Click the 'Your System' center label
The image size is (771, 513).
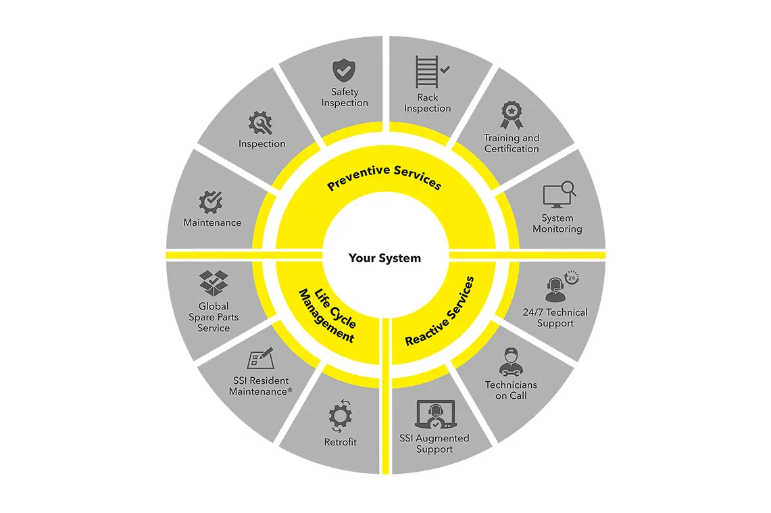pyautogui.click(x=384, y=258)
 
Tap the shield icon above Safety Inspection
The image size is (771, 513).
pyautogui.click(x=344, y=70)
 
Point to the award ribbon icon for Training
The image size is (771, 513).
pyautogui.click(x=512, y=115)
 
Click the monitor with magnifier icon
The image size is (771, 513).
pyautogui.click(x=559, y=195)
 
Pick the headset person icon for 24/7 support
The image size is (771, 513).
pyautogui.click(x=562, y=286)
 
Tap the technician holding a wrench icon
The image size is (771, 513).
pyautogui.click(x=510, y=362)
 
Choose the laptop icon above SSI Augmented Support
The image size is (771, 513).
pyautogui.click(x=435, y=414)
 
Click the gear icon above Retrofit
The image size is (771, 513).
pyautogui.click(x=341, y=416)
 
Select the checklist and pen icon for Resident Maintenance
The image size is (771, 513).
pyautogui.click(x=260, y=358)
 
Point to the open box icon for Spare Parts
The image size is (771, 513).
pyautogui.click(x=214, y=283)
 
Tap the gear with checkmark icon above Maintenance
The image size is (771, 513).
pyautogui.click(x=211, y=201)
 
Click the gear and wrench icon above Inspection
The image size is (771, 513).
pyautogui.click(x=260, y=122)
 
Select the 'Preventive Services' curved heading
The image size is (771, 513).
pyautogui.click(x=384, y=176)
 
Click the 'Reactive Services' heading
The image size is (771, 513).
pyautogui.click(x=440, y=312)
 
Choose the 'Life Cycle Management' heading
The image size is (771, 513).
pyautogui.click(x=328, y=315)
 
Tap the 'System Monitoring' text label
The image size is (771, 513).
pyautogui.click(x=557, y=223)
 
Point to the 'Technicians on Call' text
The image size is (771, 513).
pyautogui.click(x=511, y=390)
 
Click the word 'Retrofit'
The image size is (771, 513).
pyautogui.click(x=341, y=441)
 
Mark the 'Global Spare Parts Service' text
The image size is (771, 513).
pyautogui.click(x=214, y=317)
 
